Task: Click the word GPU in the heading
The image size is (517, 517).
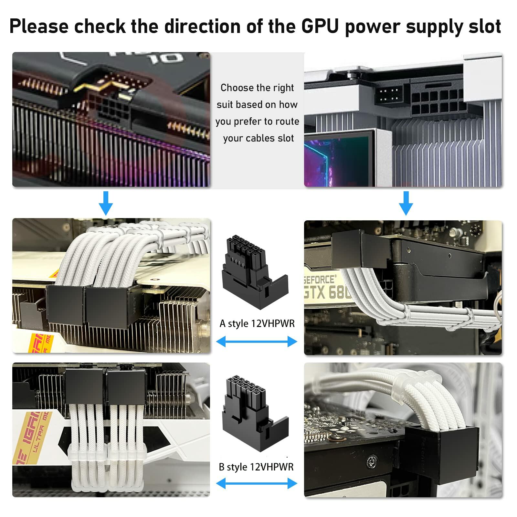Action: pyautogui.click(x=321, y=26)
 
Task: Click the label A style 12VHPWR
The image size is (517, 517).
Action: pyautogui.click(x=257, y=323)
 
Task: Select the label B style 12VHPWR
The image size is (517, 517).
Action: pyautogui.click(x=256, y=467)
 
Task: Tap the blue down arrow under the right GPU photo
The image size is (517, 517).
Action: pyautogui.click(x=406, y=203)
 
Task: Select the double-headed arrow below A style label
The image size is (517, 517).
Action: pyautogui.click(x=257, y=341)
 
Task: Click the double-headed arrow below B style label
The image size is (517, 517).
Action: pyautogui.click(x=257, y=483)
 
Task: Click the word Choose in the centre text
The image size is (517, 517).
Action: pyautogui.click(x=237, y=88)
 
